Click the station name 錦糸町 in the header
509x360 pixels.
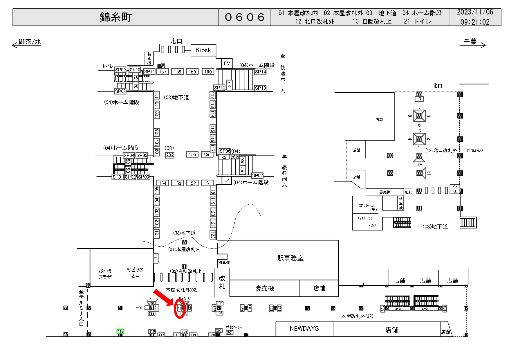point(116,17)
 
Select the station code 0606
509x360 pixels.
point(244,17)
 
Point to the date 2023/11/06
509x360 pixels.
point(475,12)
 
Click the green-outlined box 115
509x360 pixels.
point(120,331)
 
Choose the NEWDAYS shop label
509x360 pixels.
point(304,328)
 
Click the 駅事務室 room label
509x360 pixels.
point(290,258)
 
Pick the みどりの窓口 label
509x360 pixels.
point(135,272)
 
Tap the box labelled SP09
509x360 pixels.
point(120,70)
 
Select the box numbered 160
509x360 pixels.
point(208,72)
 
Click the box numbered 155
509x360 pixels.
point(192,154)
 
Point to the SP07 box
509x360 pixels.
point(257,175)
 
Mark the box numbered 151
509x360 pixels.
point(207,183)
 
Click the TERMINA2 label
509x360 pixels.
point(474,151)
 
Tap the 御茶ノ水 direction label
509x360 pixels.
point(30,42)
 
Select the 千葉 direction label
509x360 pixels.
point(470,42)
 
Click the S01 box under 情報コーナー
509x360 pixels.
point(230,333)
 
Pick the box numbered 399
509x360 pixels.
point(219,330)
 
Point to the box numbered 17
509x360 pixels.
point(419,99)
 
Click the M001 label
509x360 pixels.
point(139,308)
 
